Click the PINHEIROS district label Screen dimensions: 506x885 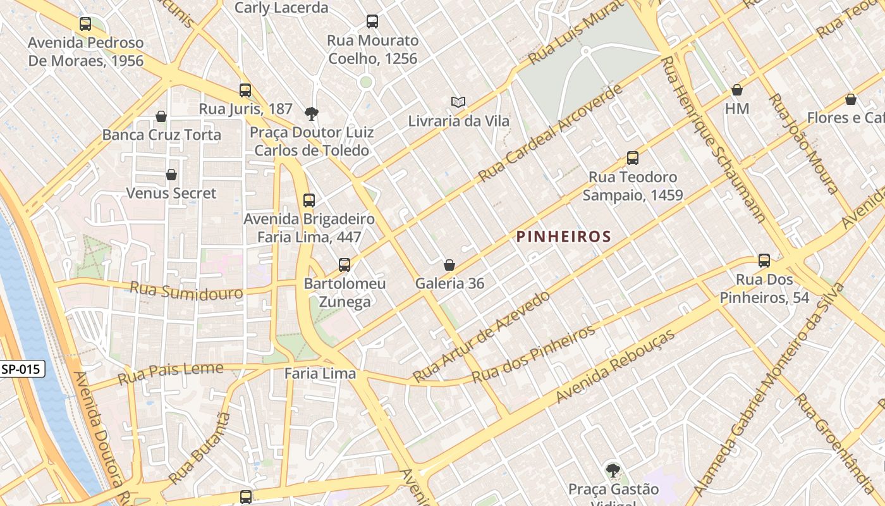(x=563, y=237)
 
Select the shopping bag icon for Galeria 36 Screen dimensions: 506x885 (x=449, y=265)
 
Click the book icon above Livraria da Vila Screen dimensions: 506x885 (x=458, y=102)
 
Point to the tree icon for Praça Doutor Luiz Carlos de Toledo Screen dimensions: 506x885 (x=311, y=114)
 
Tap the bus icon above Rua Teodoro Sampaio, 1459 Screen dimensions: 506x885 (x=632, y=158)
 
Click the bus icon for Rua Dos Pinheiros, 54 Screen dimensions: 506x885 (x=764, y=261)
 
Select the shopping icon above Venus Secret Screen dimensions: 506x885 (x=171, y=175)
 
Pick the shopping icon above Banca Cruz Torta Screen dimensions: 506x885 (x=161, y=116)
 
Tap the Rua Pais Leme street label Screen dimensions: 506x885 (x=171, y=373)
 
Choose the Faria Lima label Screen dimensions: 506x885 (x=320, y=374)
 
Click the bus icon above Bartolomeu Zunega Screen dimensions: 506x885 (x=345, y=265)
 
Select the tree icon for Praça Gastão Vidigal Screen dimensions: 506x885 (x=612, y=470)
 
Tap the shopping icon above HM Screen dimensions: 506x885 (x=737, y=90)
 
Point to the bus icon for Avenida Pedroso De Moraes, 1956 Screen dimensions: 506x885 (x=85, y=24)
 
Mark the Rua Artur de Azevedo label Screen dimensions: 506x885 (x=481, y=336)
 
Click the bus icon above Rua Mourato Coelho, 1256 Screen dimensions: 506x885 (x=372, y=22)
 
